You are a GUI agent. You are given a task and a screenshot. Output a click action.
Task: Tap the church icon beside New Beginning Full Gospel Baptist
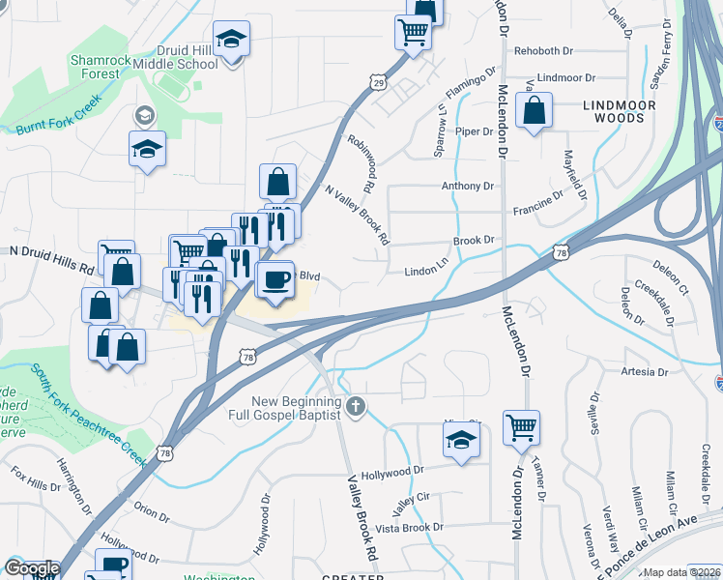[x=357, y=406]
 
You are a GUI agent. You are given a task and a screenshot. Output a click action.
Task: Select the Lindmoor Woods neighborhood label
[x=620, y=111]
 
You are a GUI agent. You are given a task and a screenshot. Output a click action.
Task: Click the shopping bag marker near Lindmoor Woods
[x=534, y=112]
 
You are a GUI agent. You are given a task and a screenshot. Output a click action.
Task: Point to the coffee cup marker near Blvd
[x=275, y=280]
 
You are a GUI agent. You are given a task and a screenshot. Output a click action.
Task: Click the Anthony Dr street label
[x=467, y=186]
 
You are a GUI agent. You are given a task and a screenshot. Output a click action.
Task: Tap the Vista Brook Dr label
[x=409, y=528]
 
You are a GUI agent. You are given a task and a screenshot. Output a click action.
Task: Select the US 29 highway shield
[x=379, y=85]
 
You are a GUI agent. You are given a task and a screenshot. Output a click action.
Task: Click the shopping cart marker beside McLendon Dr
[x=521, y=426]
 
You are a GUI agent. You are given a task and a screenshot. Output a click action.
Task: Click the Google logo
[x=32, y=568]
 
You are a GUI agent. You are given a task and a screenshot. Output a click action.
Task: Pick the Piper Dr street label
[x=475, y=130]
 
